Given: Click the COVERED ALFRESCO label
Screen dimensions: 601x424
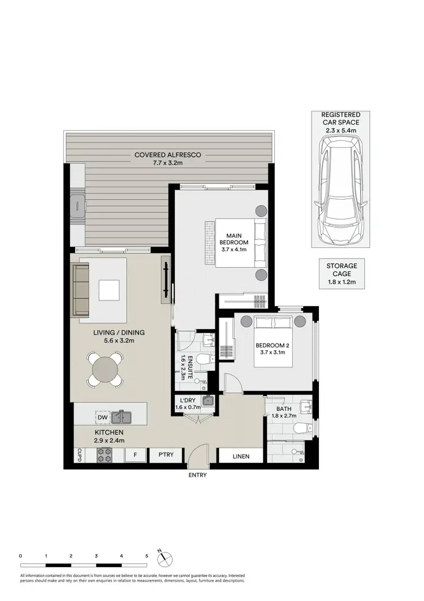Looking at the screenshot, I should click(167, 158).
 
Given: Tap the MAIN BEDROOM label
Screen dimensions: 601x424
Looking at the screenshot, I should click(237, 242).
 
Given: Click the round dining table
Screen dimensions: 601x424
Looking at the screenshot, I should click(106, 369).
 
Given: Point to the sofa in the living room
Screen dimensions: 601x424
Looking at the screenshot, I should click(81, 290).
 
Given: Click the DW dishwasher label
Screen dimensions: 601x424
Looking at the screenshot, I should click(102, 418).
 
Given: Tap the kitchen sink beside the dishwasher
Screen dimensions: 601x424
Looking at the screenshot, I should click(122, 418).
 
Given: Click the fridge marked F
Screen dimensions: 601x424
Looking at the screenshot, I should click(135, 454).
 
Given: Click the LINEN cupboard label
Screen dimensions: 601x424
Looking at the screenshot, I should click(240, 455).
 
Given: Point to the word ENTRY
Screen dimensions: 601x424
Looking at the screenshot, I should click(197, 475).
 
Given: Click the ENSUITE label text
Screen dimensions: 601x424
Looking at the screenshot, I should click(183, 359).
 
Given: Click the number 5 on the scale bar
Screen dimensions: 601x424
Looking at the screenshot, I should click(146, 556).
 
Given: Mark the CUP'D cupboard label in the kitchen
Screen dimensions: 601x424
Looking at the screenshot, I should click(79, 454).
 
